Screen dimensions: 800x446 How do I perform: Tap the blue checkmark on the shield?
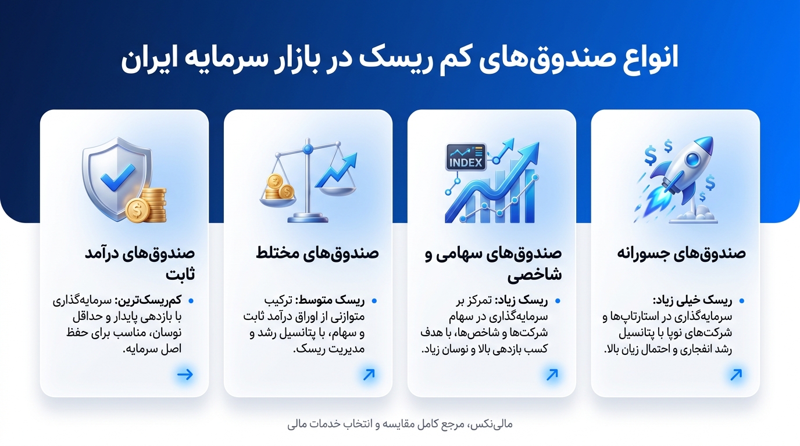(x=117, y=177)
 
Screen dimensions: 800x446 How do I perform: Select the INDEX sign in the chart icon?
(x=466, y=157)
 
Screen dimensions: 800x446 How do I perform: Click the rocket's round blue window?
(x=693, y=159)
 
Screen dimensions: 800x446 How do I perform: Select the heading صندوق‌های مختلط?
(x=317, y=253)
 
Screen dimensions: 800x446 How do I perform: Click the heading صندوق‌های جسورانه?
(x=681, y=253)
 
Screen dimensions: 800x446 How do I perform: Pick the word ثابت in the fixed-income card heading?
(x=180, y=274)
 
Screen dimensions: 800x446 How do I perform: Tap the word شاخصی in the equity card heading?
(x=534, y=275)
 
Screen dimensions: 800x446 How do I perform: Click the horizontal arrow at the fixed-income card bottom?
(x=185, y=375)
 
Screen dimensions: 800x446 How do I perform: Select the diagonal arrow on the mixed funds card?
(x=369, y=375)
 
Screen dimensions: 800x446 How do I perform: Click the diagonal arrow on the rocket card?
(x=736, y=375)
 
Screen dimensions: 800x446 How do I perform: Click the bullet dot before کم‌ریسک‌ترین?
(x=191, y=301)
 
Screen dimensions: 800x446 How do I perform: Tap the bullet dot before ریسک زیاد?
(x=558, y=301)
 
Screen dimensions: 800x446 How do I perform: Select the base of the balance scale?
(x=308, y=218)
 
